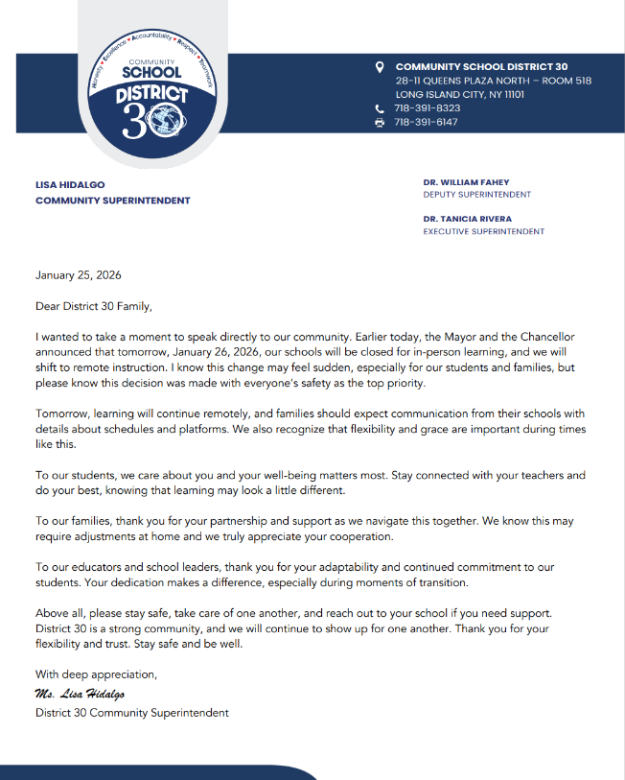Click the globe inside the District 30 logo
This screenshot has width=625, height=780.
[x=169, y=122]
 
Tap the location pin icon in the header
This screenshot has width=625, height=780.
[x=380, y=67]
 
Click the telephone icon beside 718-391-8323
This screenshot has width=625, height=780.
[x=380, y=108]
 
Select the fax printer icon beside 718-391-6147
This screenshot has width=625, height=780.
[x=380, y=123]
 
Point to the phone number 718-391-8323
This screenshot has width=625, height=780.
[x=428, y=108]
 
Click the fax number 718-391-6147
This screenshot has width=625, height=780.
[x=428, y=123]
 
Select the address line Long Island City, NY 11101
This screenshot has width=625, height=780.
[x=460, y=94]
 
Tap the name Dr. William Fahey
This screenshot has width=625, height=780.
[x=467, y=181]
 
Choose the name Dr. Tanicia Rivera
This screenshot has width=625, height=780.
[x=468, y=219]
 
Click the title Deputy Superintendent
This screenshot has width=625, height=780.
[x=476, y=194]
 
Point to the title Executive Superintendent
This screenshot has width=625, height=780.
[x=483, y=231]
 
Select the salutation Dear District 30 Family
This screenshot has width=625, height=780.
[x=94, y=306]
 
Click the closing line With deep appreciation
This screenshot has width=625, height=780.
[x=96, y=674]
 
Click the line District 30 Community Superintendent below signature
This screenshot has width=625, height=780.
[x=132, y=713]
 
